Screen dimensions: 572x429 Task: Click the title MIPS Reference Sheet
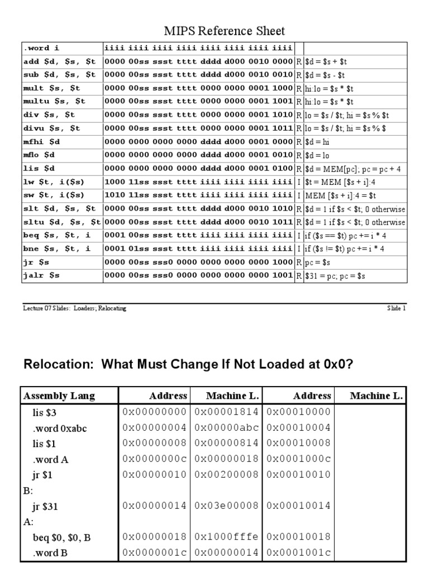224,31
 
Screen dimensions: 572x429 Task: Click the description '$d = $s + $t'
327,61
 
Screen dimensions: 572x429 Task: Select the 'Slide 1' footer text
396,308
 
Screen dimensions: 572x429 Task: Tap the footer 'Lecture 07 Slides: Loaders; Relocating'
74,308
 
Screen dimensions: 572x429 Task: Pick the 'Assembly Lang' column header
59,396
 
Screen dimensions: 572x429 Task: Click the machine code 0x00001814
226,412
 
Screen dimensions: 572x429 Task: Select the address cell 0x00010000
299,412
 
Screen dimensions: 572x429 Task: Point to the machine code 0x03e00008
226,506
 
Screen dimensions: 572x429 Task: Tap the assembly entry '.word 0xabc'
60,427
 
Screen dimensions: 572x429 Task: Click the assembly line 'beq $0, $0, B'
62,537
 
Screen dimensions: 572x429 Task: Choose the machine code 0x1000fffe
226,537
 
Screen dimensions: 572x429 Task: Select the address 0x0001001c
299,552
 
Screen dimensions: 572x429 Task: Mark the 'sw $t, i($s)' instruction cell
54,195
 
